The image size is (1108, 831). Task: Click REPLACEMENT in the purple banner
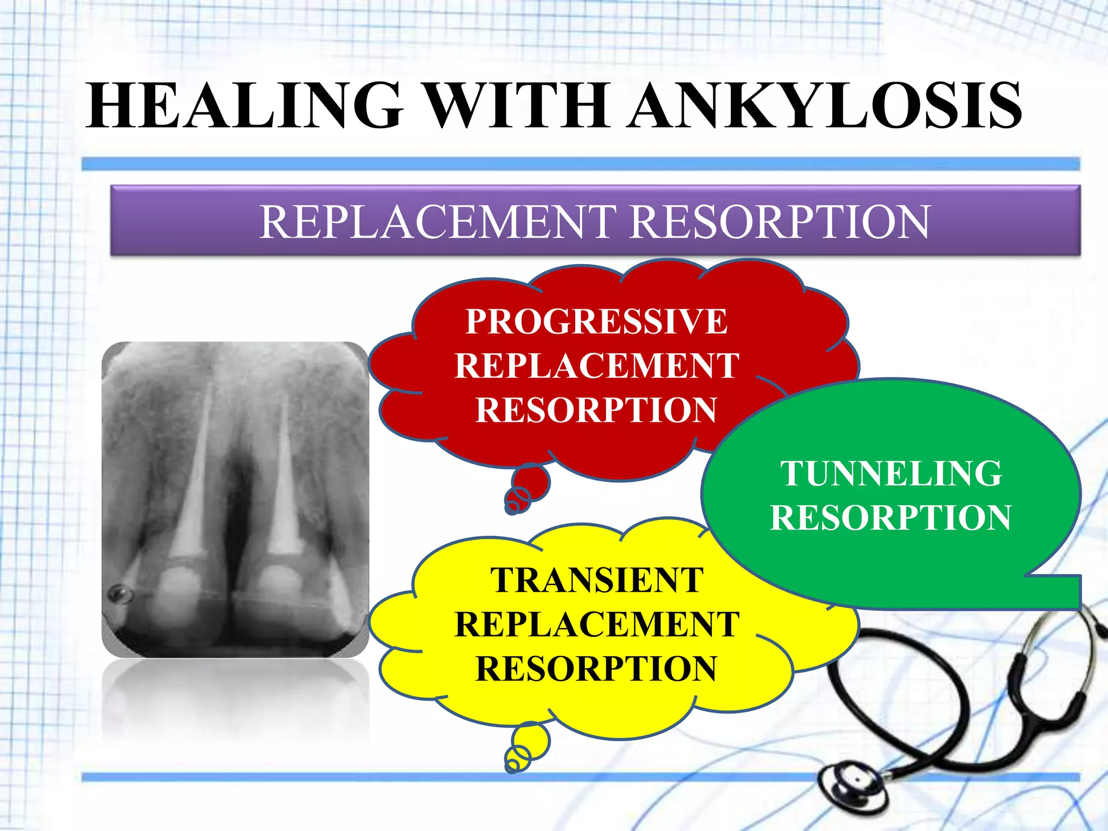coord(438,221)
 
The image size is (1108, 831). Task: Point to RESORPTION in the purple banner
coord(780,221)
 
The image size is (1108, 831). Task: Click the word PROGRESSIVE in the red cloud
coord(597,321)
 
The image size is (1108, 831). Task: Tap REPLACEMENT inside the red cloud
coord(597,366)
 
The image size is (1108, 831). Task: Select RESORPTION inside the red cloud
coord(597,410)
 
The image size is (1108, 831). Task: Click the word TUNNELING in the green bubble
coord(891,473)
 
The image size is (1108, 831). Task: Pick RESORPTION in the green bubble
coord(891,518)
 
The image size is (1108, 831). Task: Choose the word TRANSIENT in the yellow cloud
coord(597,581)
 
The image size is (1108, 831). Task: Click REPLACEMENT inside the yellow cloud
coord(597,624)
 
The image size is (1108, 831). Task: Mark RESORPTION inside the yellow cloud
coord(597,669)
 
